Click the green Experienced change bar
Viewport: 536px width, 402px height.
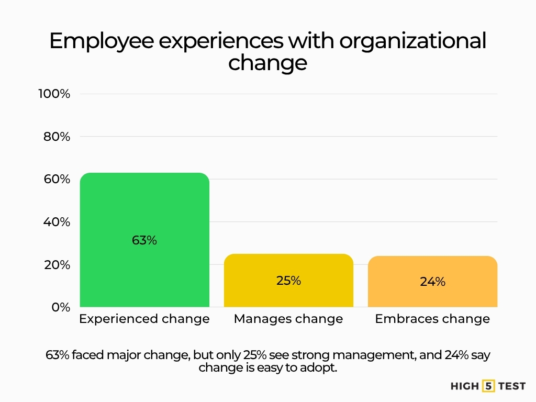[144, 209]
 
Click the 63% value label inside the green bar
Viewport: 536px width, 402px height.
[144, 241]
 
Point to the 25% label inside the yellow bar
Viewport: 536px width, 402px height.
[288, 281]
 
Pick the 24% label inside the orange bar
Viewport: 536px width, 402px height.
[432, 282]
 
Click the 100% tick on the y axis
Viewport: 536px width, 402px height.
[54, 94]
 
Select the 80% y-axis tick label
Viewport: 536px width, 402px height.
[56, 137]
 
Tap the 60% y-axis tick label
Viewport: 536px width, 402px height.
[56, 180]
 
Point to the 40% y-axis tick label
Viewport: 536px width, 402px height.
[56, 222]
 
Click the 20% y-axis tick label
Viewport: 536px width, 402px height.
[56, 265]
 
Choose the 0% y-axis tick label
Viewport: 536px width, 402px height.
[61, 307]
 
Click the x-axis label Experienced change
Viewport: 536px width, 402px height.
[144, 319]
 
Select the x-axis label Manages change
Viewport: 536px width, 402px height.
[288, 319]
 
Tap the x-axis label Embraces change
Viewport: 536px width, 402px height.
[432, 319]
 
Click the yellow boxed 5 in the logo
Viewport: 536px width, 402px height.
[488, 386]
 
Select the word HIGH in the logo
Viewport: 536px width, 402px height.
[465, 386]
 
